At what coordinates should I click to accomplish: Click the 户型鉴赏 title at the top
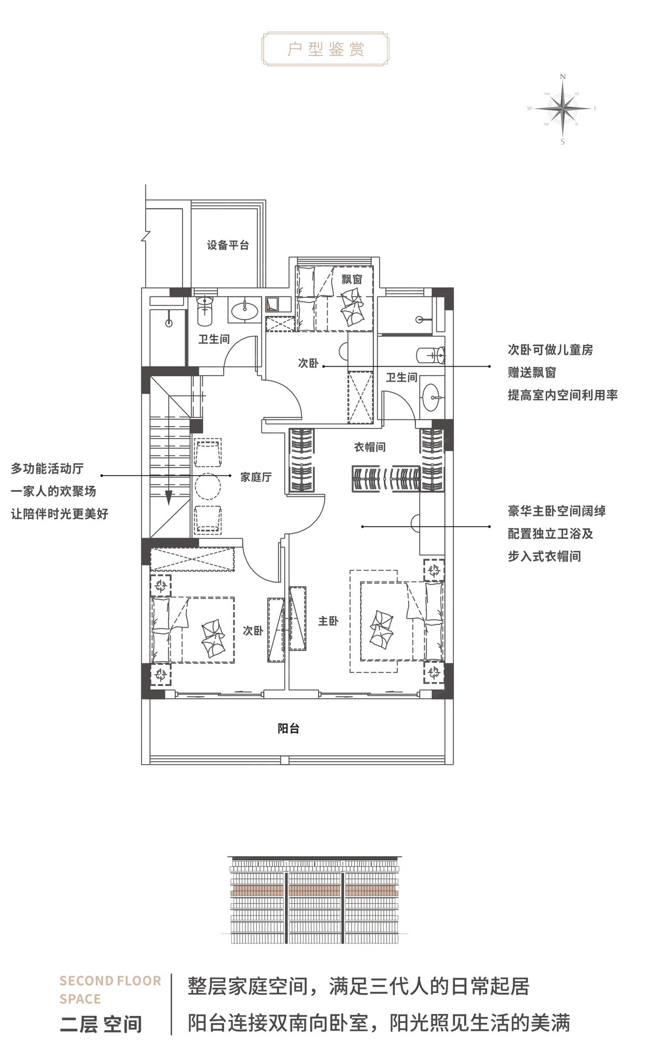point(326,49)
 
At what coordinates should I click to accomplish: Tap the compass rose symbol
point(563,109)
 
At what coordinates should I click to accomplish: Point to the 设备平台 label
point(228,245)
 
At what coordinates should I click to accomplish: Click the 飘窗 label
point(352,279)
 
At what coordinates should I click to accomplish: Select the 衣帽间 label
point(370,447)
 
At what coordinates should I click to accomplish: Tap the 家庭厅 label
point(256,477)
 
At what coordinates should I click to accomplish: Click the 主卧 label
point(328,621)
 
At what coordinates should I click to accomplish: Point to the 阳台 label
point(289,728)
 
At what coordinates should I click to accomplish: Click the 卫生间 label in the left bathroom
point(214,339)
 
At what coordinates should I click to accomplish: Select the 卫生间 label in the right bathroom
point(401,377)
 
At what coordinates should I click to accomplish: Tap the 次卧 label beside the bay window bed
point(308,363)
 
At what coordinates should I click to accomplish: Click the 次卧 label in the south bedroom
point(253,631)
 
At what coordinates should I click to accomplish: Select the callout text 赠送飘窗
point(532,373)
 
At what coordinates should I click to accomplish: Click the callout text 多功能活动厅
point(47,469)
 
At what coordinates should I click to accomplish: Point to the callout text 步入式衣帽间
point(544,556)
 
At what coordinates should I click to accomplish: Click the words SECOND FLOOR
point(111,981)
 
